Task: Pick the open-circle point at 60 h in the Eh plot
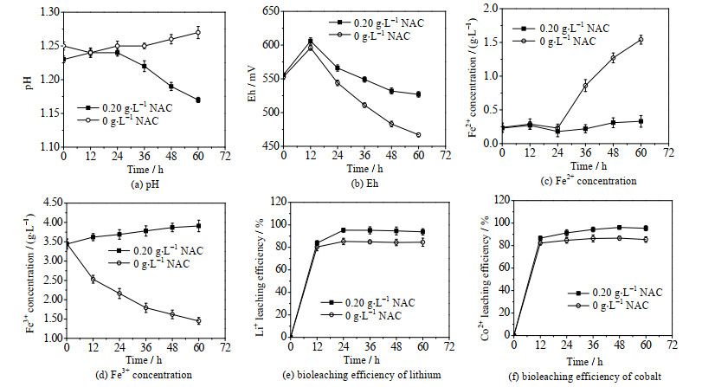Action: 418,135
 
